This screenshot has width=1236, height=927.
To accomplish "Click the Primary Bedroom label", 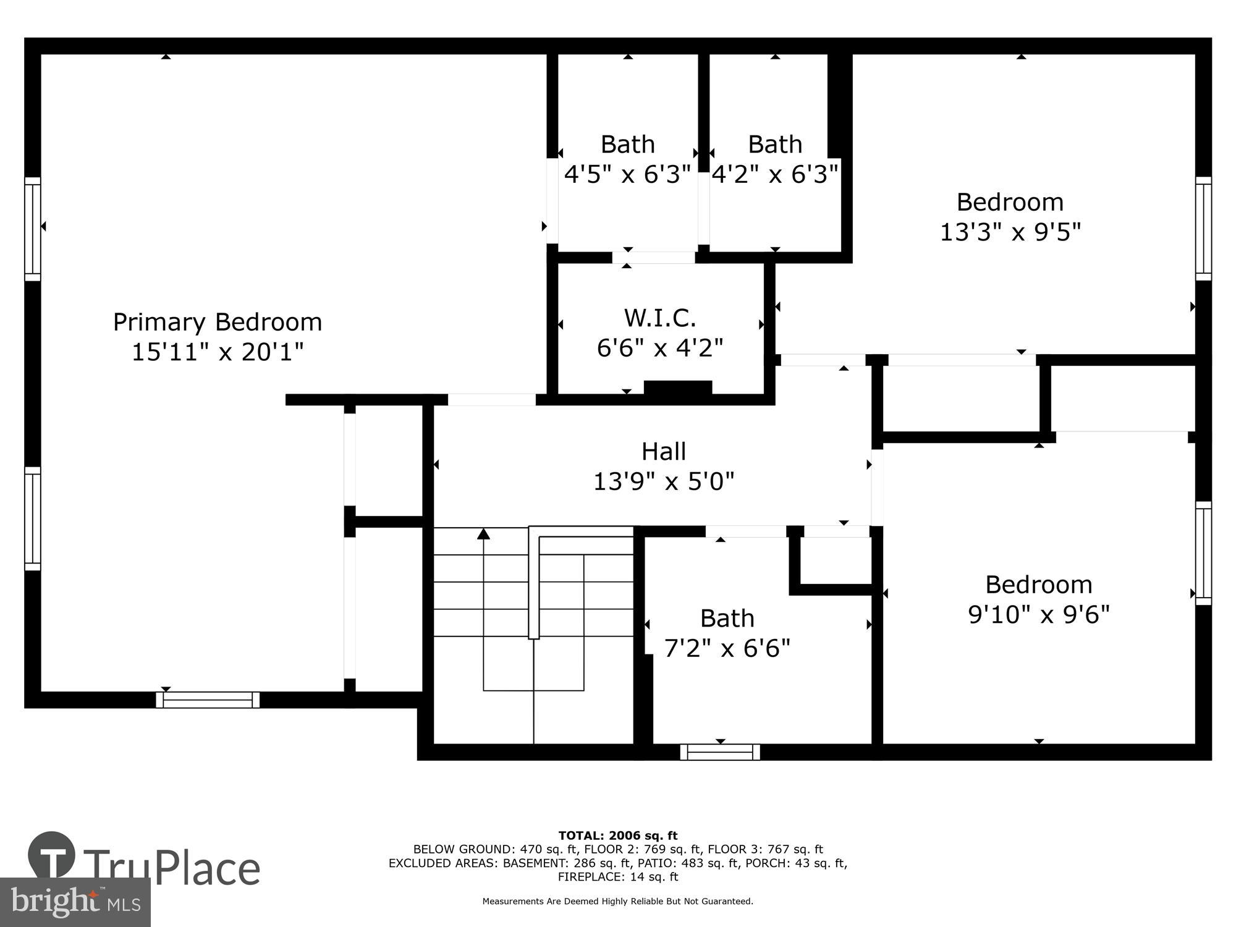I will coord(218,322).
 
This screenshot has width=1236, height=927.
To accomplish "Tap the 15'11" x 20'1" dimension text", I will coord(218,352).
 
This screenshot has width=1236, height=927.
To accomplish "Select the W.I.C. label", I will coord(660,318).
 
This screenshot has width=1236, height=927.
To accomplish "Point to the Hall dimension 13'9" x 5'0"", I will coord(664,481).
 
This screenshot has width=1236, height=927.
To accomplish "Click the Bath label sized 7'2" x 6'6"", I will coord(727,618).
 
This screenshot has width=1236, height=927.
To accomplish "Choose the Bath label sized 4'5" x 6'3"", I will coord(627,145).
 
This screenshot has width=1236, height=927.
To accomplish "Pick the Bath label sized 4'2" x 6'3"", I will coord(775,145).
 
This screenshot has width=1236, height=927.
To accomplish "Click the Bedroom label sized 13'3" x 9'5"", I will coord(1010,202).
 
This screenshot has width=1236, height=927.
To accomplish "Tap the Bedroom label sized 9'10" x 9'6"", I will coord(1038,585).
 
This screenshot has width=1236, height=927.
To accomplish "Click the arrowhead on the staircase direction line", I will coord(483,533).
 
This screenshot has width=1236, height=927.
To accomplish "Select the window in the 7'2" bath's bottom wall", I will coord(720,752).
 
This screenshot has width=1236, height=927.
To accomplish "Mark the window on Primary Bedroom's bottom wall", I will coord(208,700).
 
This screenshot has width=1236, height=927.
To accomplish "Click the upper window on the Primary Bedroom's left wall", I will coord(32,229).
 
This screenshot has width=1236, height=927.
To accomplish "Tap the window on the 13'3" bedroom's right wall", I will coord(1203,229).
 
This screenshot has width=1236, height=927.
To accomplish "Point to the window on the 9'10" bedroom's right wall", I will coord(1203,553).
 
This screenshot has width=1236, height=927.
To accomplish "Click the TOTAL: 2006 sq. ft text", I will coord(618,836).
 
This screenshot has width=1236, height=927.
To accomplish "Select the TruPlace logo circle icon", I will coord(52,855).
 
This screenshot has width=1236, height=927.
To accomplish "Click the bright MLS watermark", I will coord(75,902).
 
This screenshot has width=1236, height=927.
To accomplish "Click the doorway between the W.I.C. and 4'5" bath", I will coord(654,258).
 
